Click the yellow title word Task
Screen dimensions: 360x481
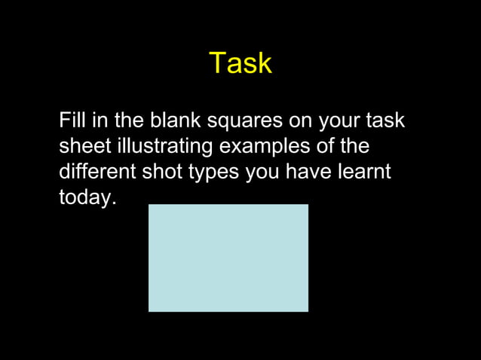pos(240,63)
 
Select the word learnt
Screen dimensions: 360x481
pos(365,171)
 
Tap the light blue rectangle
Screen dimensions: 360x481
pos(228,258)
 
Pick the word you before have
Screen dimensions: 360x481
pos(262,172)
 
